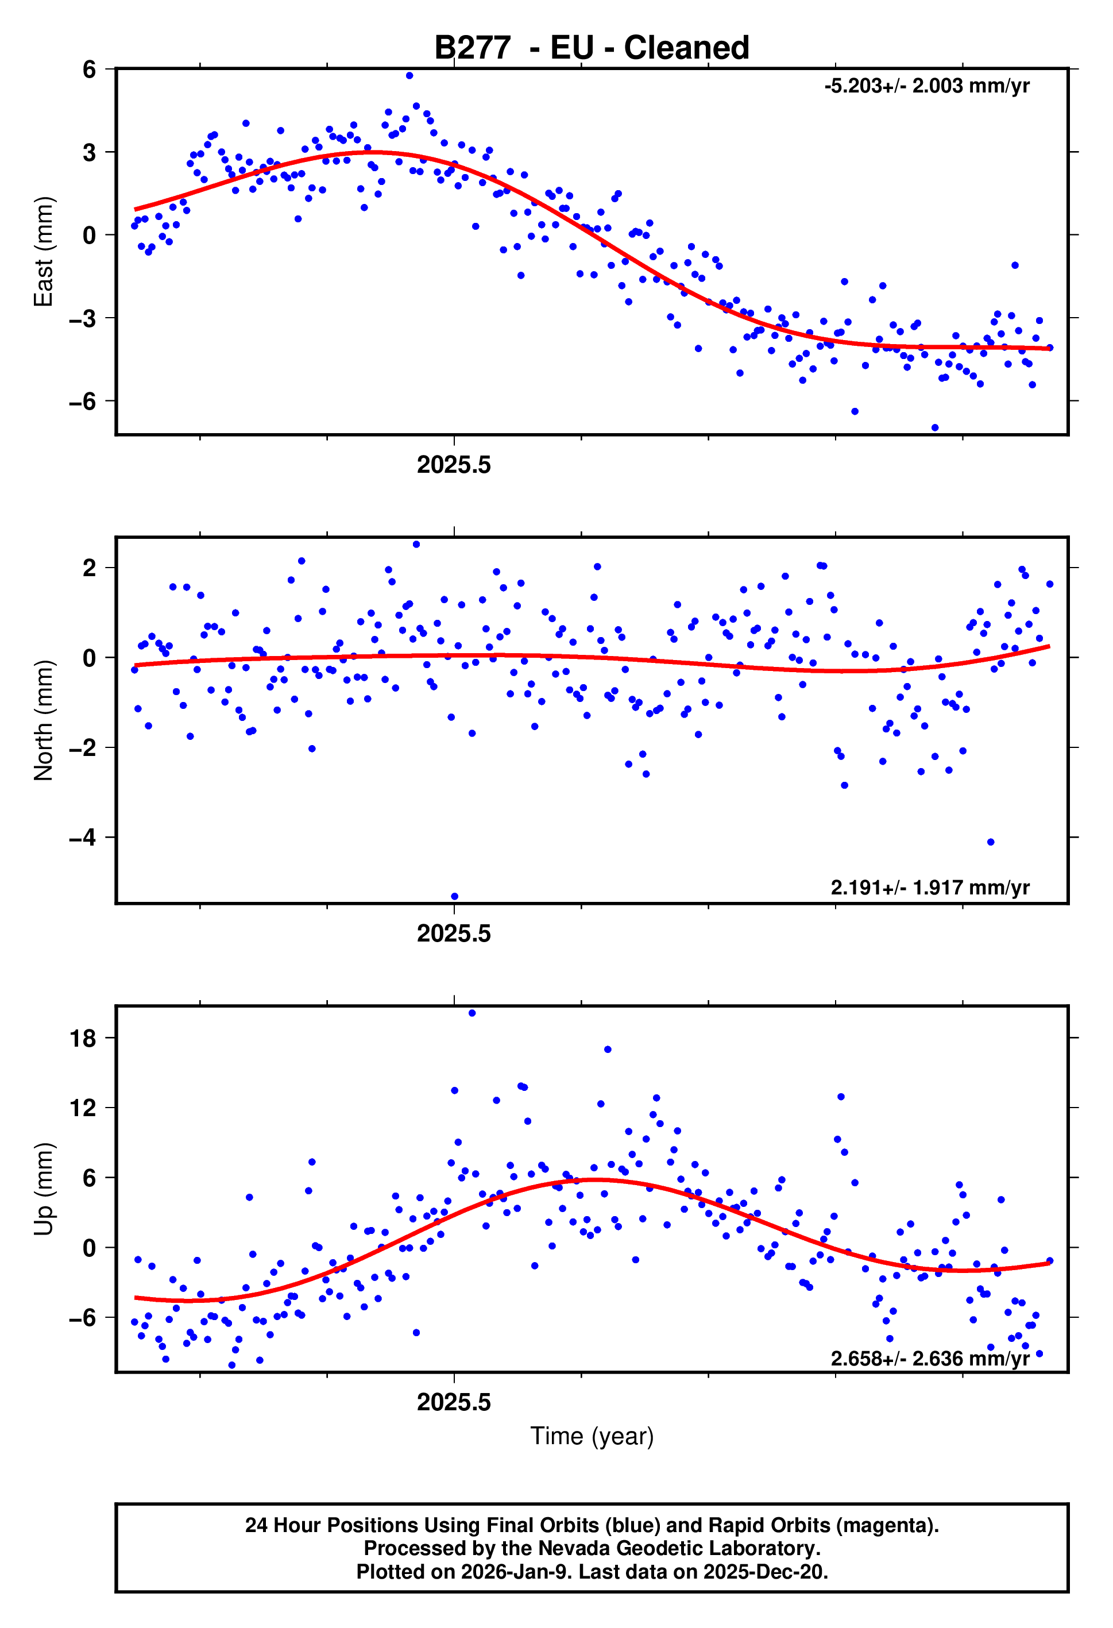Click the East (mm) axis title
(x=44, y=252)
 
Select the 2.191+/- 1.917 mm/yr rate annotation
(x=929, y=888)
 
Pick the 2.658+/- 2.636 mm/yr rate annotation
(x=929, y=1359)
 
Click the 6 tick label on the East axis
(x=89, y=70)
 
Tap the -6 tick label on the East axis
(x=83, y=402)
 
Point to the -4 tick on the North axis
(x=83, y=837)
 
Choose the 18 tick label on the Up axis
(x=83, y=1038)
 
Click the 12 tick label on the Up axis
(x=83, y=1108)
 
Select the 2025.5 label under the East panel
(x=454, y=464)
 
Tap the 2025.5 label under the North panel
(x=454, y=933)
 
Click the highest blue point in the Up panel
(x=472, y=1013)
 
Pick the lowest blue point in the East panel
(x=934, y=427)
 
